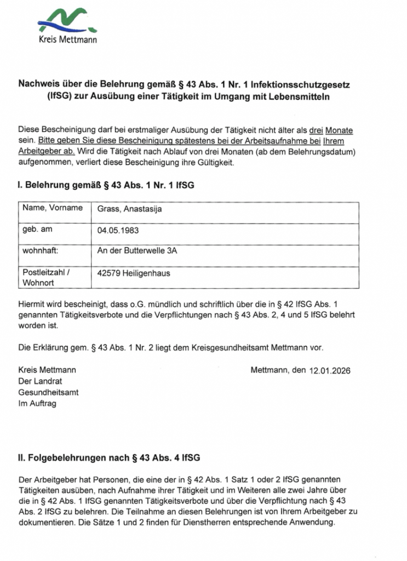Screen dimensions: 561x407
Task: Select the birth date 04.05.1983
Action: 118,231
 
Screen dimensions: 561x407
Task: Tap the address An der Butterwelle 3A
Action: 137,251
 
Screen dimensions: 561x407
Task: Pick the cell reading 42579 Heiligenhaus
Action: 133,273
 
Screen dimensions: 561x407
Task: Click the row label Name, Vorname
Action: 53,208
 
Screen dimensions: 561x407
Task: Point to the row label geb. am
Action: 37,230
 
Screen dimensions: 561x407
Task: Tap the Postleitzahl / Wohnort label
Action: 47,277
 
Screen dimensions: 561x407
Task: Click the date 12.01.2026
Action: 330,371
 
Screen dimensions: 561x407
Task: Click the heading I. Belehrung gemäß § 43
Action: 106,186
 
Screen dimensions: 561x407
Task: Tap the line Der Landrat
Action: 40,381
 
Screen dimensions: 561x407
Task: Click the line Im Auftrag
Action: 37,404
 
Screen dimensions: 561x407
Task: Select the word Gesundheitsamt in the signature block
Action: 48,393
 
